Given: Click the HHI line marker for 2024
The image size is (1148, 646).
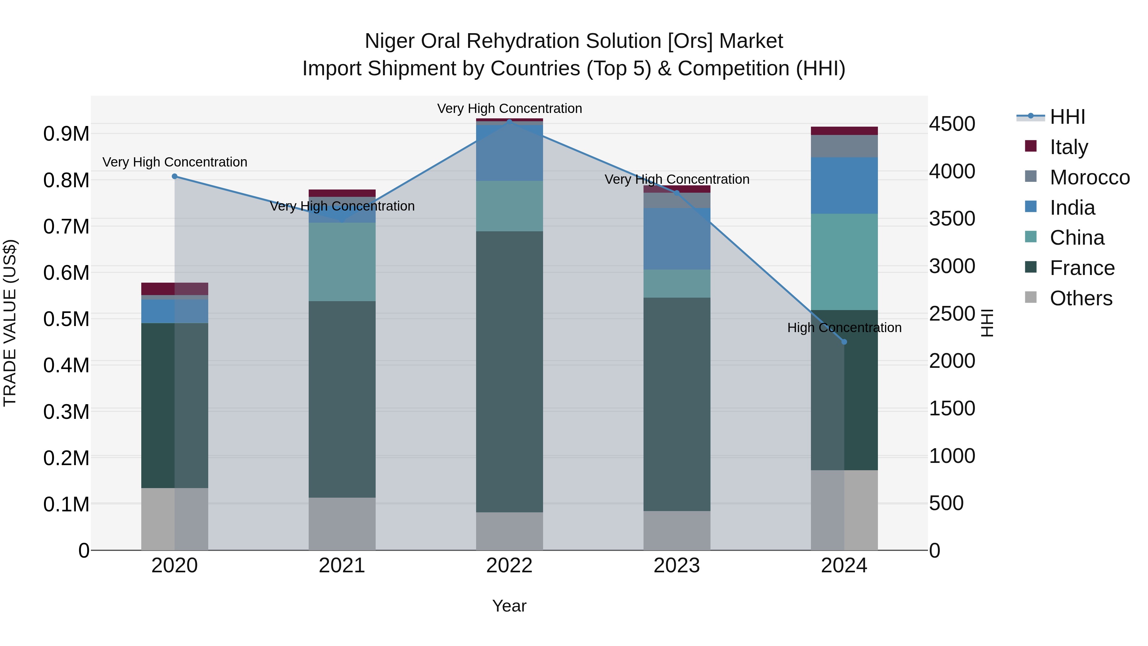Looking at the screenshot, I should pos(844,342).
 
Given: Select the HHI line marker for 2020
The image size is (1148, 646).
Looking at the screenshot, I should pos(175,176).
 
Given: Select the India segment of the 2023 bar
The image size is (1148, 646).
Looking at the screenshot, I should pos(676,239).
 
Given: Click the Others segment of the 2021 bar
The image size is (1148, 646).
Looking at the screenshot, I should pos(342,523).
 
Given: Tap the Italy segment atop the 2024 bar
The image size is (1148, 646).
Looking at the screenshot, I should pos(844,130).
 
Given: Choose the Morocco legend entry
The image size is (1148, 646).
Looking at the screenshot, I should pos(1089,177).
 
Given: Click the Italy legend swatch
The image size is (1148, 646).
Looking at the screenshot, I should pos(1031,146).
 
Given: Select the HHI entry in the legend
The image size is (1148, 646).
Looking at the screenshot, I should pos(1067,117).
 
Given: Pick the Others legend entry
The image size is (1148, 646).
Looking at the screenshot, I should pos(1081,298).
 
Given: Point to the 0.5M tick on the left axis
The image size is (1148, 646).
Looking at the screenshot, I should pos(66,319).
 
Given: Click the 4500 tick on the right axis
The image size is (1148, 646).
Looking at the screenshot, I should pos(952,124).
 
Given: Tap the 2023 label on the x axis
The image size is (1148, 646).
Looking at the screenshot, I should pos(676,566).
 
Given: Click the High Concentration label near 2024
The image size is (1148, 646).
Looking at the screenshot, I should pos(844,328).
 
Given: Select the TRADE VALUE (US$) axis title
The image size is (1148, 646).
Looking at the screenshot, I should pos(10,323).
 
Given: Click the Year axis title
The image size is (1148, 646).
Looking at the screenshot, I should pos(509,606).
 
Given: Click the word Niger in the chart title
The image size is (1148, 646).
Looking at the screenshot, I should pos(389,41).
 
